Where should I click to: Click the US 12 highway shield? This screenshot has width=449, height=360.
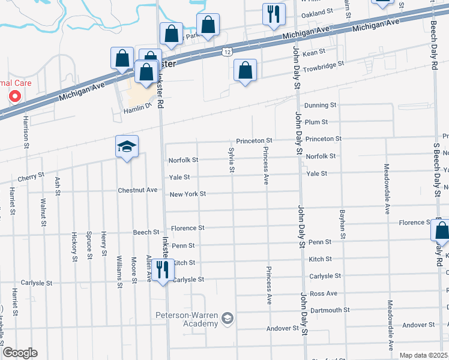pos(226,52)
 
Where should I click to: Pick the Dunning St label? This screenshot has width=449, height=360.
pos(320,105)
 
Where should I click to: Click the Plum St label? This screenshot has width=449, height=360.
pos(316,122)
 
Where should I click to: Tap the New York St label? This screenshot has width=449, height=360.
pos(187,194)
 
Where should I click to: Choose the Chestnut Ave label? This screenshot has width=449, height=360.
pos(138,190)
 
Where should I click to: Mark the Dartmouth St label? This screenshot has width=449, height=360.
pos(330,310)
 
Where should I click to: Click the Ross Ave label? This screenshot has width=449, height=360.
pos(324,293)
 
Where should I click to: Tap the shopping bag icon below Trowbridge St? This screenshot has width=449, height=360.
pos(246,70)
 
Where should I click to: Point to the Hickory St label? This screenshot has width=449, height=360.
pos(74,247)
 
